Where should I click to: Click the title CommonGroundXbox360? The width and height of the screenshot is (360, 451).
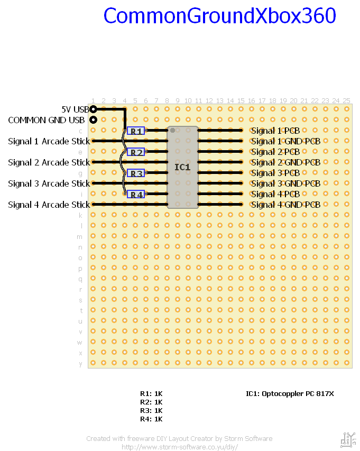click(219, 16)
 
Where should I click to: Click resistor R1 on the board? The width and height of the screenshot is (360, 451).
click(136, 131)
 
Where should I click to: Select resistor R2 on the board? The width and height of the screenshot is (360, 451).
click(136, 152)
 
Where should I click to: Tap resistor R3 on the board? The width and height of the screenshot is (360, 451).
click(136, 173)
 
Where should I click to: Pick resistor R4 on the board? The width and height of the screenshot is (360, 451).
click(136, 194)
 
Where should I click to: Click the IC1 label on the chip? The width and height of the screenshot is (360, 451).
click(182, 167)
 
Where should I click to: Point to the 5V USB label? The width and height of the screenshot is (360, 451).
click(75, 109)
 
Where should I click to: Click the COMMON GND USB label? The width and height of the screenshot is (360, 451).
click(46, 120)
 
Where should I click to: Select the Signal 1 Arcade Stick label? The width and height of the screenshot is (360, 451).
click(49, 141)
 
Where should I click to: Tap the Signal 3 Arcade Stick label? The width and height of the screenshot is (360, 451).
click(49, 183)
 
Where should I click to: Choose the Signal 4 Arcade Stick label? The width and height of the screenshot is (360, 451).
click(49, 205)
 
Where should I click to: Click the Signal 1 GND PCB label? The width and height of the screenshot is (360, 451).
click(285, 141)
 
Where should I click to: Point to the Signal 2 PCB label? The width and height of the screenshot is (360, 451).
click(275, 152)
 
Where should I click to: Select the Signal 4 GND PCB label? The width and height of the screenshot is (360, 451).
click(285, 205)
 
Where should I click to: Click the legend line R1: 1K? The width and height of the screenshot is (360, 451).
click(151, 393)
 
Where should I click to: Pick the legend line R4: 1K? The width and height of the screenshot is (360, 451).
click(151, 419)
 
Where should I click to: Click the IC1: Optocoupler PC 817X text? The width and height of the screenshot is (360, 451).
click(290, 393)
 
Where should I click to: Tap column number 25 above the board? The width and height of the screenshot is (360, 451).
click(346, 100)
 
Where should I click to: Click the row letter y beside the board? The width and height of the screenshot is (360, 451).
click(80, 363)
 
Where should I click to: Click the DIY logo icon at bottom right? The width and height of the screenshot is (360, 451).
click(348, 439)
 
